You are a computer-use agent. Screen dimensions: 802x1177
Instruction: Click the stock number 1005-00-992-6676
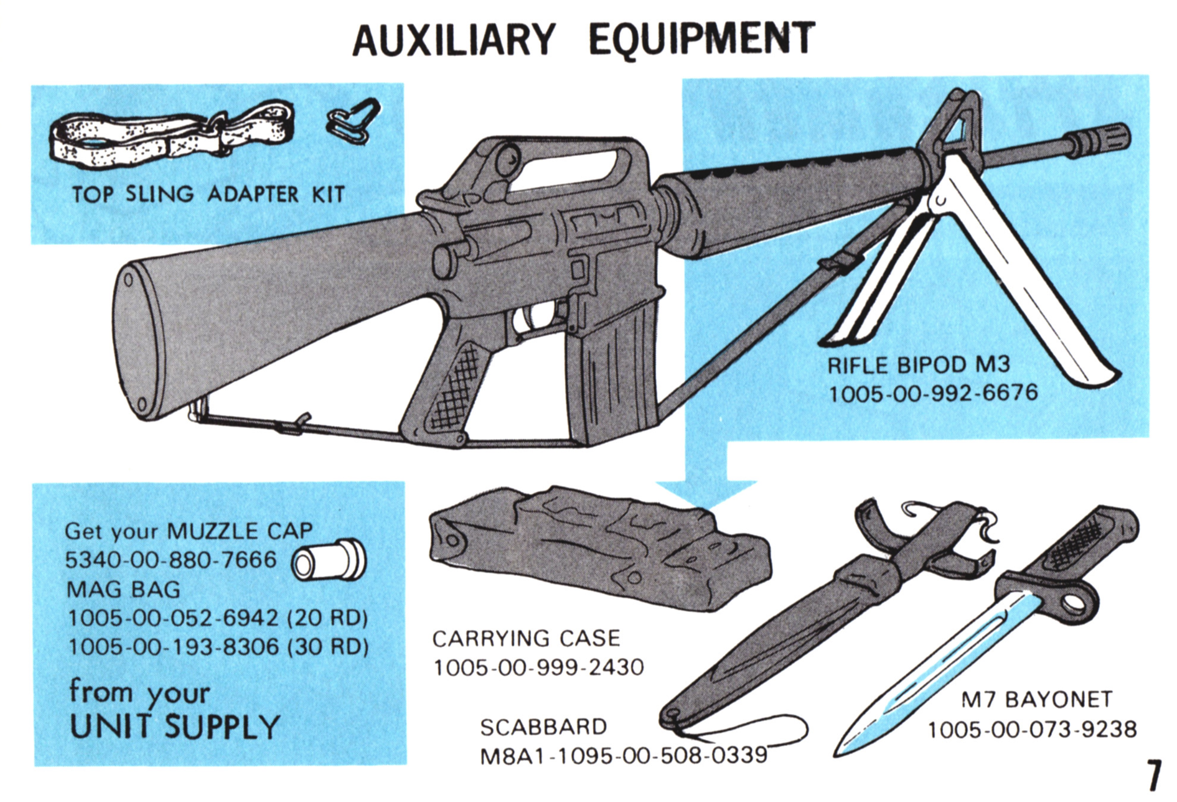(x=933, y=393)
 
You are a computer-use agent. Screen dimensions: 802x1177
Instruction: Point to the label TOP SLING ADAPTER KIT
(x=208, y=194)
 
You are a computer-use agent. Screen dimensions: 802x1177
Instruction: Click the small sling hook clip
(x=353, y=122)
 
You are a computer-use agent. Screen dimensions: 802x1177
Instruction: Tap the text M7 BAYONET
(x=1037, y=700)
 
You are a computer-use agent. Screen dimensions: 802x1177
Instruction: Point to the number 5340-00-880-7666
(x=171, y=560)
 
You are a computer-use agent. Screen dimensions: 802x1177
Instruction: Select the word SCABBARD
(x=543, y=728)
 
